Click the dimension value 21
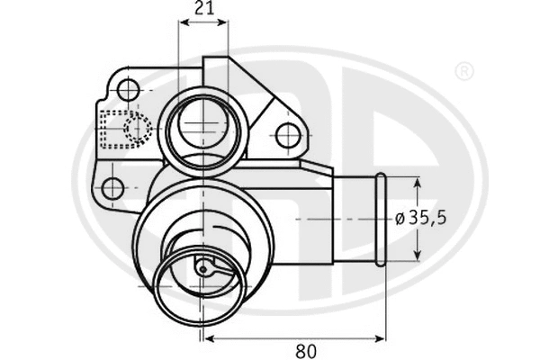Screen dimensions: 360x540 point(204,9)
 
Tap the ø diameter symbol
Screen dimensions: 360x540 point(400,219)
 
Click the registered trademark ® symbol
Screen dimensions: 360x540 point(463,71)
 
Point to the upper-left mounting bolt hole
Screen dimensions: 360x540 point(129,89)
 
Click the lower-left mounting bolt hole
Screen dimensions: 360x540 point(112,188)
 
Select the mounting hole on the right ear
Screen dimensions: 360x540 point(287,136)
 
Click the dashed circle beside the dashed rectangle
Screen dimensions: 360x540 point(139,129)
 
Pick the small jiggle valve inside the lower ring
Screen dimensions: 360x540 point(203,266)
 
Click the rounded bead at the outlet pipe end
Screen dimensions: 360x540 point(381,219)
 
